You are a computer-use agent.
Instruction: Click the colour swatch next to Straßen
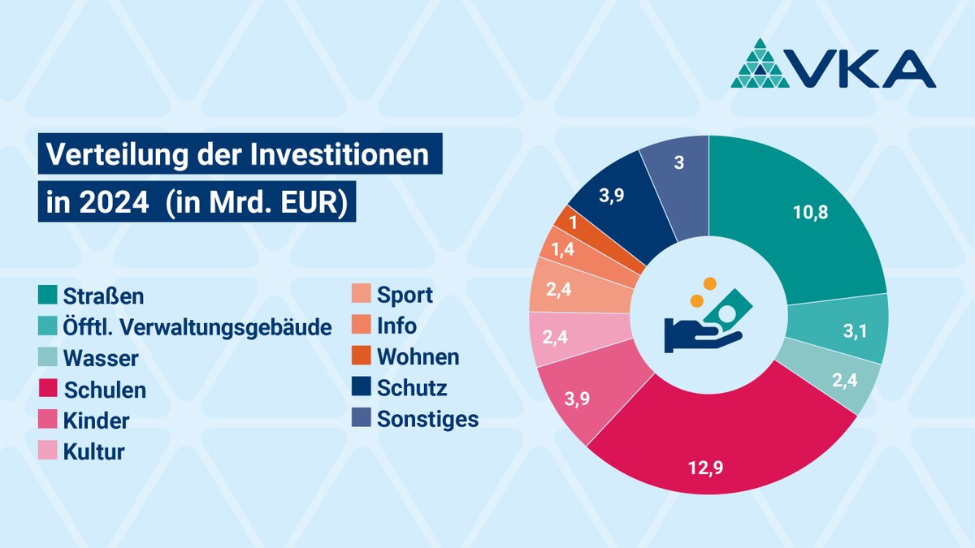[48, 294]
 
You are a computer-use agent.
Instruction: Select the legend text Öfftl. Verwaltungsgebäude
[197, 326]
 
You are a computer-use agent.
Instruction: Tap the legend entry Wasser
[101, 358]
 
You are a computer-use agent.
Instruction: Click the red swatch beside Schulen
[48, 390]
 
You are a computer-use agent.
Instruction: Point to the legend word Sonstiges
[427, 420]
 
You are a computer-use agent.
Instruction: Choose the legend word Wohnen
[418, 356]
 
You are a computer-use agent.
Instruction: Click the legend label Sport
[404, 295]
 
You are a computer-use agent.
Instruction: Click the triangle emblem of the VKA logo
[760, 65]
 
